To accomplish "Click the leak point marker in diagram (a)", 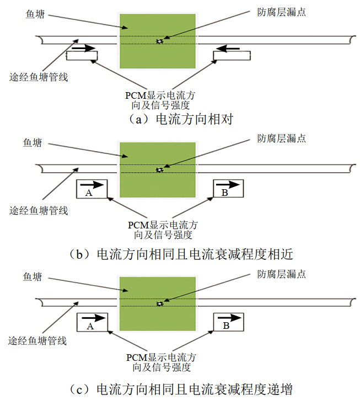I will (160, 41).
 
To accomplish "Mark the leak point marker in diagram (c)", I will (160, 303).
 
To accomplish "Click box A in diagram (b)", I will (92, 189).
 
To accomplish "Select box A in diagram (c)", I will (92, 322).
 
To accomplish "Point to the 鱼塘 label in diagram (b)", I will (33, 143).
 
